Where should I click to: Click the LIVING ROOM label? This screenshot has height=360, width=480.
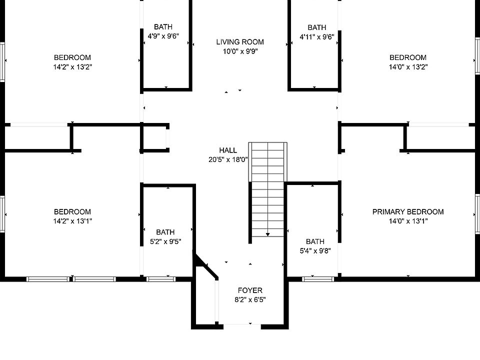tap(240, 42)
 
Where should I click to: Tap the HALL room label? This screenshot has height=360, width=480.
tap(228, 150)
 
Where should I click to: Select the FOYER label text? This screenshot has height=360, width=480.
tap(250, 290)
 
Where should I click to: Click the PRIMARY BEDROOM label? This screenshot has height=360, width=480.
tap(408, 212)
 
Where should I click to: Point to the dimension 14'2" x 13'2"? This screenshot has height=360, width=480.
tap(72, 67)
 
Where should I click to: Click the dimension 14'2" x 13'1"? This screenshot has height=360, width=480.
tap(72, 221)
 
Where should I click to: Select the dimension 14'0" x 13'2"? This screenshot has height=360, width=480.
tap(408, 67)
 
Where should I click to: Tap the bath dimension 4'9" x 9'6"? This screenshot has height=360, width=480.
tap(163, 36)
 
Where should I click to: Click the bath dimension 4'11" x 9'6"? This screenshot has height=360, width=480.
tap(317, 37)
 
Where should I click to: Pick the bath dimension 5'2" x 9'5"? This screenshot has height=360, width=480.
tap(165, 241)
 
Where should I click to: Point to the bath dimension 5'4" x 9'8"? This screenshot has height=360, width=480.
tap(315, 251)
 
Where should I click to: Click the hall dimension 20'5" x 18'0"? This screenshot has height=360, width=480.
tap(228, 159)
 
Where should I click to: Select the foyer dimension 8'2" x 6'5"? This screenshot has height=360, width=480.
tap(250, 299)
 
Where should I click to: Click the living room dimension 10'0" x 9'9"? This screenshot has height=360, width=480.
tap(240, 51)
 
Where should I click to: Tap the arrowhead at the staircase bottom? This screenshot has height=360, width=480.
tap(268, 234)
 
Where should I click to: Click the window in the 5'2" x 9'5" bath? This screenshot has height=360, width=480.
tap(161, 279)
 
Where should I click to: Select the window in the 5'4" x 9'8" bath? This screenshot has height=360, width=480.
tap(318, 279)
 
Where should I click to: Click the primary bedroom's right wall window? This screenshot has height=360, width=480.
tap(477, 214)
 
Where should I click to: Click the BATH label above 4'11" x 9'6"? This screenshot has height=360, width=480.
tap(317, 27)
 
